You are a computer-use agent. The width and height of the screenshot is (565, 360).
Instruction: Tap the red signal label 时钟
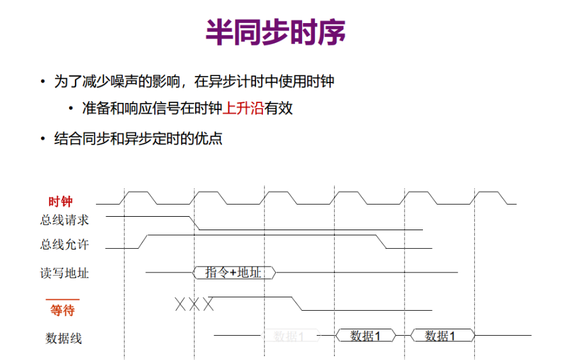[61, 201]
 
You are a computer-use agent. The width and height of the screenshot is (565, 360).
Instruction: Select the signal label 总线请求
[64, 220]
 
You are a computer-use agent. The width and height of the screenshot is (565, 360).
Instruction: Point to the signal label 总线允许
[64, 244]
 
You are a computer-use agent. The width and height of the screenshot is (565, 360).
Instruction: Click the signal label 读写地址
[64, 273]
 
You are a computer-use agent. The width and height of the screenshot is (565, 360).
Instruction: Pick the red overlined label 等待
[63, 311]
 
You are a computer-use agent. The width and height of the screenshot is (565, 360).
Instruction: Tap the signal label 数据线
[64, 338]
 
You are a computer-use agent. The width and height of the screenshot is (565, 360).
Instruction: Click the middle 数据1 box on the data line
[365, 335]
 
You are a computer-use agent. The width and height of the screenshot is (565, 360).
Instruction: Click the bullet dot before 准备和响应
[72, 108]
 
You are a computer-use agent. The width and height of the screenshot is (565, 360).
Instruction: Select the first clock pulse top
[139, 192]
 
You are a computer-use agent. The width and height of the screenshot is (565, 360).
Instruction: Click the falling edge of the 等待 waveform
[297, 304]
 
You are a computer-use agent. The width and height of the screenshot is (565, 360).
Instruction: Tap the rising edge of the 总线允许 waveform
[143, 242]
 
